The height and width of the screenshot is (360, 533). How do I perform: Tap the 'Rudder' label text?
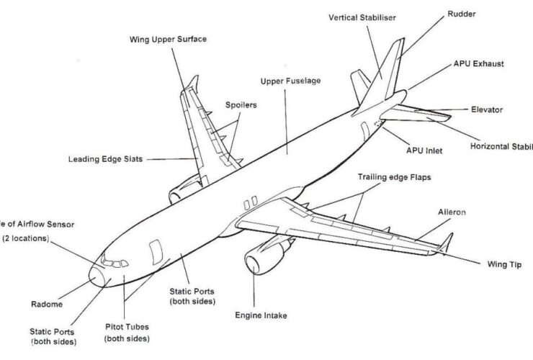[461, 14]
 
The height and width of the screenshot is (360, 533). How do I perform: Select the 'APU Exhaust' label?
[479, 63]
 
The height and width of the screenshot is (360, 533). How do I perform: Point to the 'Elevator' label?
[487, 109]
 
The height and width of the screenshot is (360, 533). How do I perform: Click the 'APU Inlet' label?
[424, 151]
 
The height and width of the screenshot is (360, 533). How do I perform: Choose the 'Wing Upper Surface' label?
[168, 38]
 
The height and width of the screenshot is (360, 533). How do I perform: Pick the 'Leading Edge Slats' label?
[105, 158]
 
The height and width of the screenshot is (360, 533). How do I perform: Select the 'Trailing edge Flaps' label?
[394, 176]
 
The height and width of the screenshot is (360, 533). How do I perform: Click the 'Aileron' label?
[452, 212]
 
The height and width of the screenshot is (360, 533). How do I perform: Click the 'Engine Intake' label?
[258, 315]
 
